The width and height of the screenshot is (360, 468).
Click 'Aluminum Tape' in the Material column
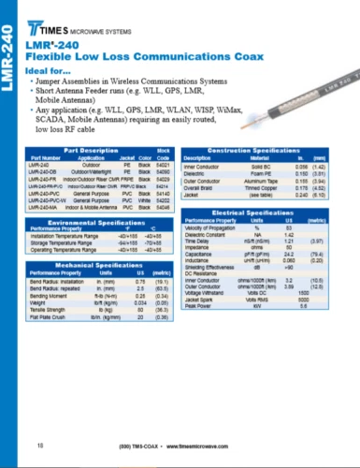(x=258, y=178)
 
